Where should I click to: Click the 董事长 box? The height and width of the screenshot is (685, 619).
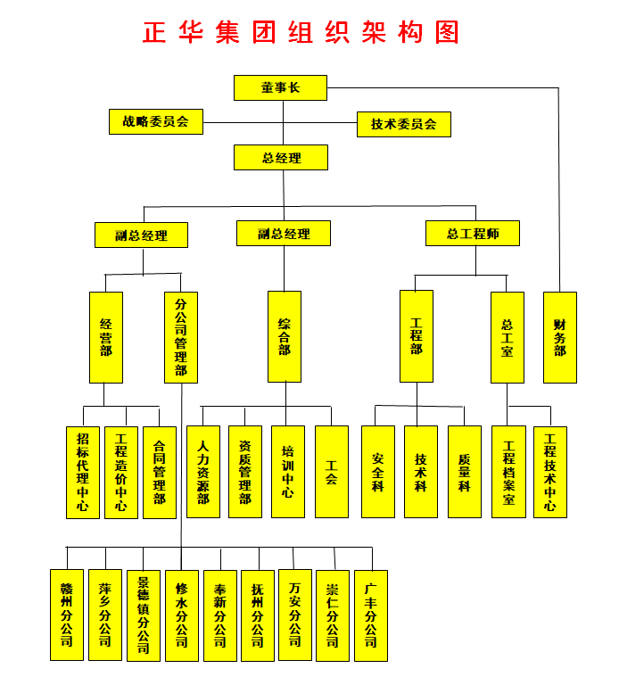[280, 87]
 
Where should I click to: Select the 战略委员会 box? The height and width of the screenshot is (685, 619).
[156, 121]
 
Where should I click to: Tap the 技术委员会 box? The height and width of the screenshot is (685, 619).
[404, 125]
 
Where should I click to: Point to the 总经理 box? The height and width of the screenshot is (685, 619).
[281, 157]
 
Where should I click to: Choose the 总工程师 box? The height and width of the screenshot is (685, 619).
[473, 234]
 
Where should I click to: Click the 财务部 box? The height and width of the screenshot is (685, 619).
[560, 338]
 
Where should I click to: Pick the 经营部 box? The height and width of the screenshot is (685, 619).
[106, 338]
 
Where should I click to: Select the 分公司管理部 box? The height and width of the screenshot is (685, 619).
[181, 338]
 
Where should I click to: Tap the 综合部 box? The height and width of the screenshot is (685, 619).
[285, 337]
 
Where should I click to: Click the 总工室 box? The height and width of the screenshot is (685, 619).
[508, 338]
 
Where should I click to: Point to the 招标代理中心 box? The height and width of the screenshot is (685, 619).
[83, 473]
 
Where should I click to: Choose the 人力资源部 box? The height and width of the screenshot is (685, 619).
[203, 472]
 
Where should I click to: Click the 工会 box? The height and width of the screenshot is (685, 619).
[332, 472]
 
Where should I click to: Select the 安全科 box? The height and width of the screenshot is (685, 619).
[378, 472]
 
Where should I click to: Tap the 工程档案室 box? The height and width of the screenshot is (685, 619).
[508, 472]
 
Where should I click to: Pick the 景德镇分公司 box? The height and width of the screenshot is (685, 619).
[144, 615]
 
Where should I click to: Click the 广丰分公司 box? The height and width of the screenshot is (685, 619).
[371, 615]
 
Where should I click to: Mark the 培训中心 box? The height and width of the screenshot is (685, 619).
[288, 472]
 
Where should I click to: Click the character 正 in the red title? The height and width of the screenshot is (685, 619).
[154, 32]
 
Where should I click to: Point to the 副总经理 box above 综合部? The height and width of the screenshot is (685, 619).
[284, 234]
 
